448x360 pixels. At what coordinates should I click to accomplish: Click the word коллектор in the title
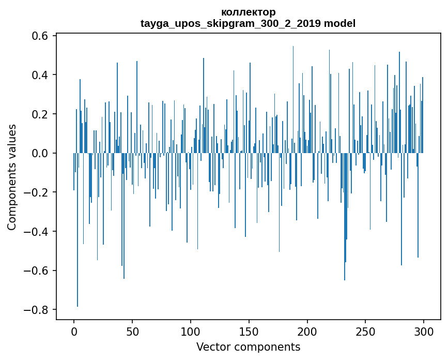point(248,12)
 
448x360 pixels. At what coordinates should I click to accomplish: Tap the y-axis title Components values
point(12,177)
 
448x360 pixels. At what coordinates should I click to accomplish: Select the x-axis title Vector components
point(248,347)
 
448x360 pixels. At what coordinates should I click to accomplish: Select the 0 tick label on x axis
point(74,331)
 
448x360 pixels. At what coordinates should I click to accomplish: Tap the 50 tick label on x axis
point(132,331)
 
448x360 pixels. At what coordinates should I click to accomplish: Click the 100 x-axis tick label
point(191,331)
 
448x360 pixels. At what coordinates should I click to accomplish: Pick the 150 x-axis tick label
point(249,331)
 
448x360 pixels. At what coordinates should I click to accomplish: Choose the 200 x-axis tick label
point(307,331)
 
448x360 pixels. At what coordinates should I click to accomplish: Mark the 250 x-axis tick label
point(366,331)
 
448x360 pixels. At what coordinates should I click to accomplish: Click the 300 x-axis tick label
point(424,331)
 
